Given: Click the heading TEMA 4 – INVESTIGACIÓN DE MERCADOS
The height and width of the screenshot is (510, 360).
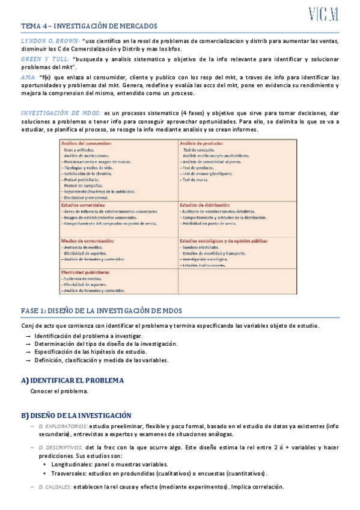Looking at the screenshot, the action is click(x=89, y=26).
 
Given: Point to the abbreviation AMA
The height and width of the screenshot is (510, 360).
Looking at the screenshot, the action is click(x=28, y=77).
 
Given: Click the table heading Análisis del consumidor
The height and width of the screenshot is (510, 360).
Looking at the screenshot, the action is click(x=86, y=143).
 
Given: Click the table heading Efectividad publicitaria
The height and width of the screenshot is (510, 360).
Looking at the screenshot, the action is click(x=85, y=272).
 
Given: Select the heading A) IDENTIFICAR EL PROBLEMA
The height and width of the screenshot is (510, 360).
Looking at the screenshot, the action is click(x=72, y=381).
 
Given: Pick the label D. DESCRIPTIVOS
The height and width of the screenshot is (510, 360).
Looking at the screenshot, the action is click(x=61, y=447).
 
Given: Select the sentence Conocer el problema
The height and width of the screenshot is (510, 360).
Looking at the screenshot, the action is click(x=59, y=392).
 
